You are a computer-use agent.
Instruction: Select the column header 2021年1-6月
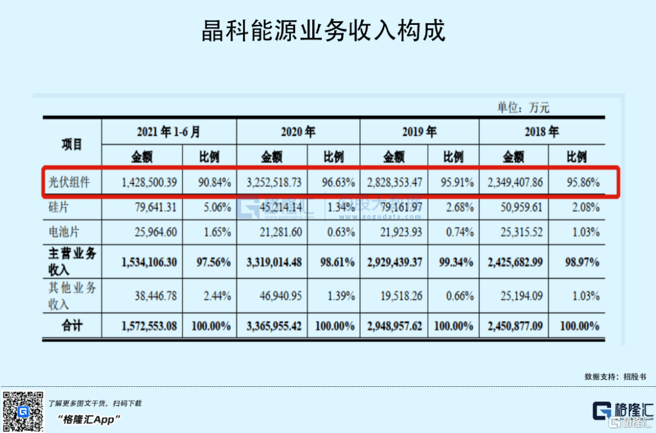(x=168, y=132)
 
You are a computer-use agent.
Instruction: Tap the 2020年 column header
(x=298, y=132)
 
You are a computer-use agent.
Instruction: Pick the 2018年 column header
(x=541, y=132)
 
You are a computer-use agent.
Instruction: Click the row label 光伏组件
(x=69, y=182)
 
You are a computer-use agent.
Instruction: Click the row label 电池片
(x=64, y=232)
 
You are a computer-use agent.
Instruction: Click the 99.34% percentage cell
(x=454, y=262)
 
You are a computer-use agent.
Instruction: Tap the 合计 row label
(x=71, y=326)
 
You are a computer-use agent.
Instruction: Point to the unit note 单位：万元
(x=523, y=108)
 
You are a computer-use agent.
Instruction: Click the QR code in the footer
(x=22, y=411)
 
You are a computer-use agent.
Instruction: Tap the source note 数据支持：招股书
(x=611, y=377)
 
